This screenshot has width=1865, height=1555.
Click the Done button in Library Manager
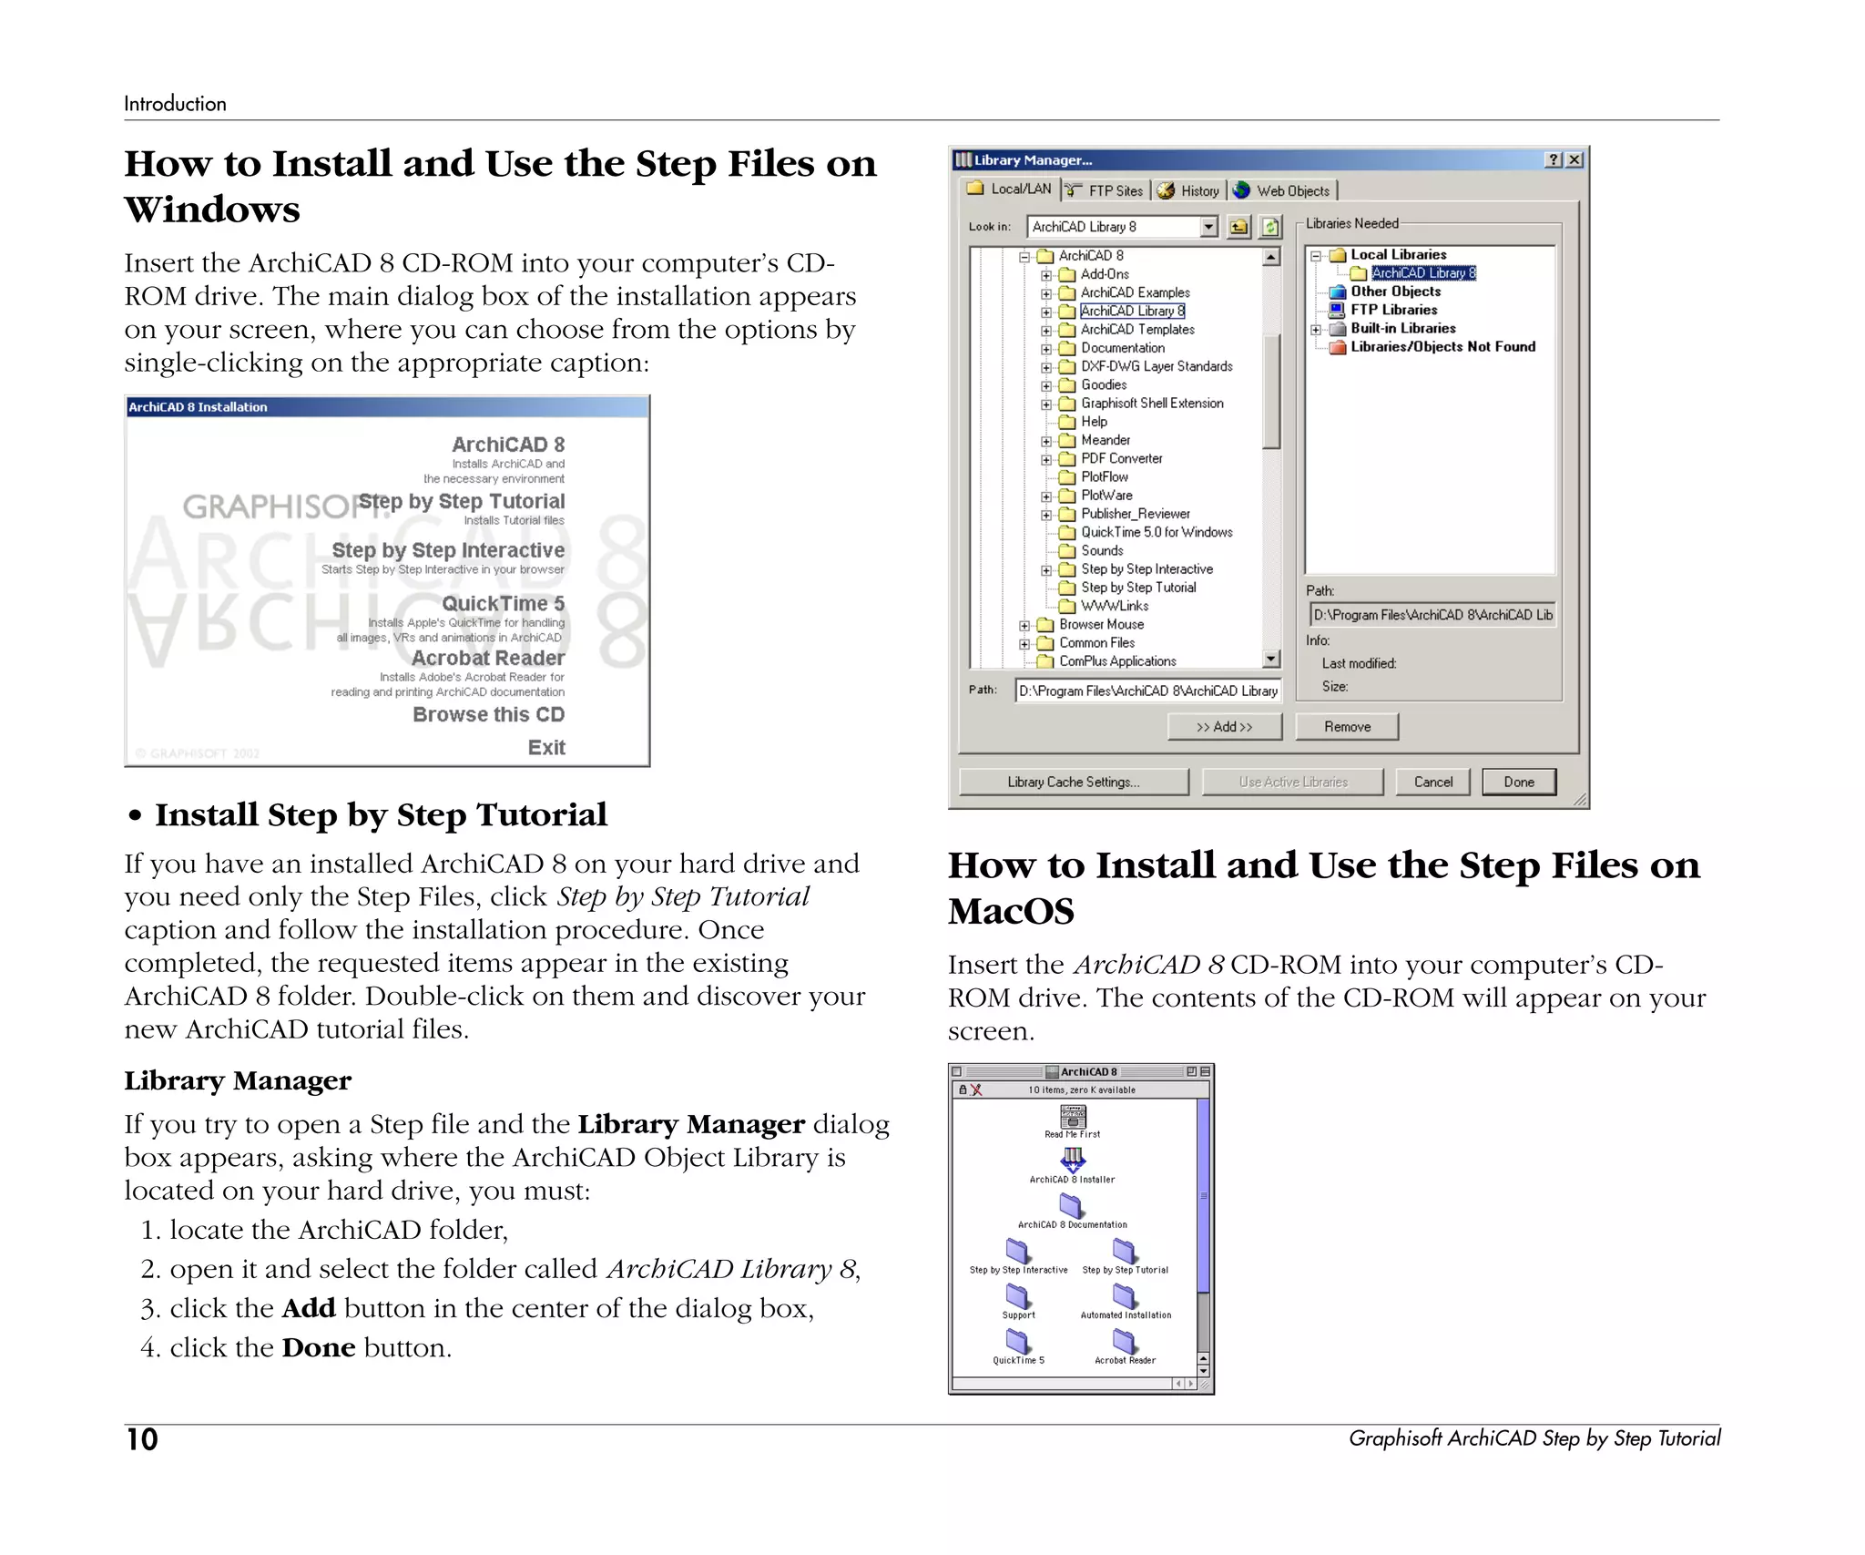[1518, 782]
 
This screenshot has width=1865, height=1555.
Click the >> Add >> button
[1224, 726]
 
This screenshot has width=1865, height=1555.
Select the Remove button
[1346, 726]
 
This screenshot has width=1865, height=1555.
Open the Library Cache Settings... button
[1073, 782]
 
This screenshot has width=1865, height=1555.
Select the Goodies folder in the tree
[1103, 384]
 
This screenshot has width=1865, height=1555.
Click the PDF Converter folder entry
[1121, 458]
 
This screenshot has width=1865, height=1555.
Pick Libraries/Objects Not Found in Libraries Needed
[1442, 346]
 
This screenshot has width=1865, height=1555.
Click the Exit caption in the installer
[546, 747]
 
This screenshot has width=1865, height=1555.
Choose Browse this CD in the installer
[488, 714]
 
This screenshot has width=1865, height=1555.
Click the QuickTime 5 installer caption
[503, 603]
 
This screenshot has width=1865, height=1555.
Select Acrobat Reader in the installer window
[488, 658]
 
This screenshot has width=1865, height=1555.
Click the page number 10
[142, 1439]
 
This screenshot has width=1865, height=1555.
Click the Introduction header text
[175, 104]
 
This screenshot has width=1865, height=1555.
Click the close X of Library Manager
[1574, 159]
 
